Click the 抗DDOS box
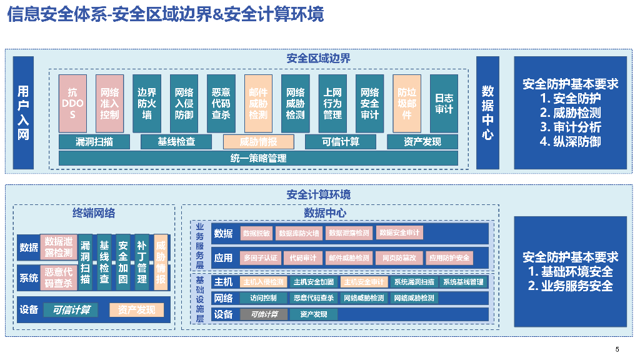point(72,104)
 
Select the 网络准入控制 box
point(109,104)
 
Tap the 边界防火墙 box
point(147,104)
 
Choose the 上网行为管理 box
point(332,104)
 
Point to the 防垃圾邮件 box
point(407,104)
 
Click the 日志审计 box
point(444,104)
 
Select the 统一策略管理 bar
point(258,158)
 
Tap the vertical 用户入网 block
point(23,112)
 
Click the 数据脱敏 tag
point(256,233)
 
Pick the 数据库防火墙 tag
point(299,233)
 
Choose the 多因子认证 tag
point(261,257)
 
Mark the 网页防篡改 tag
point(399,257)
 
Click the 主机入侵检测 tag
point(263,282)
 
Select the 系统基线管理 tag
point(463,282)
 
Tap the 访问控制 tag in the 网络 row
point(263,298)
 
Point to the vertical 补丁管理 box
point(142,262)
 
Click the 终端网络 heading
point(94,212)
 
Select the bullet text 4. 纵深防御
point(570,141)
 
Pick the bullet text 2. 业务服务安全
point(570,286)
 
